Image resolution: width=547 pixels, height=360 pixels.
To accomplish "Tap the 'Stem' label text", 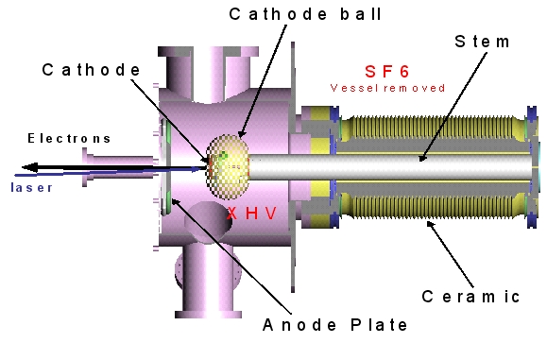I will point(483,42).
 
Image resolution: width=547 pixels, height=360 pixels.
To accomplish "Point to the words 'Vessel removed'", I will point(387,88).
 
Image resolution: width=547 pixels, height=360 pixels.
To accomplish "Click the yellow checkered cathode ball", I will point(230,161).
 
